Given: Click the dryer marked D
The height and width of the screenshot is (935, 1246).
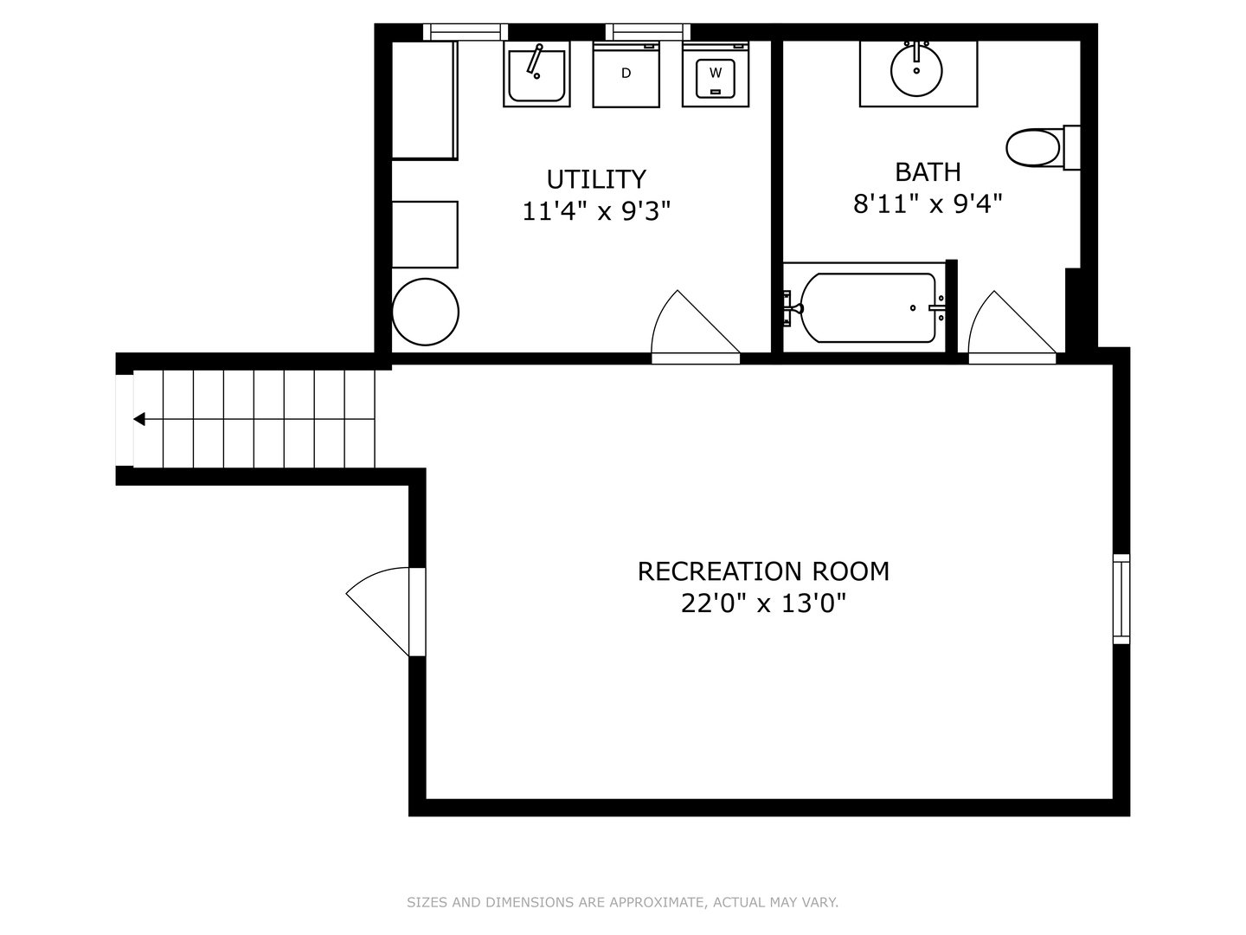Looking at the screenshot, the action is (x=626, y=74).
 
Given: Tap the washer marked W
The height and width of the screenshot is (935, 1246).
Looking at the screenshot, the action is (x=716, y=74).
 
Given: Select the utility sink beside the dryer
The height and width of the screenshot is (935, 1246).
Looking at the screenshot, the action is (x=536, y=74).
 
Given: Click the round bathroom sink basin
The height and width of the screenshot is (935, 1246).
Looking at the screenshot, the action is (x=916, y=71).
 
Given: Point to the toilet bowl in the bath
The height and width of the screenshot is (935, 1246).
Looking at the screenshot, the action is (x=1033, y=148).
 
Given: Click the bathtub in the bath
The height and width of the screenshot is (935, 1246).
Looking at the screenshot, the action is (x=867, y=307).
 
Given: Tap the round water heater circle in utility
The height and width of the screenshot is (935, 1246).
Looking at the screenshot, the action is (x=425, y=312).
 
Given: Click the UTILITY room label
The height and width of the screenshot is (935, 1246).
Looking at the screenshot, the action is (x=596, y=179).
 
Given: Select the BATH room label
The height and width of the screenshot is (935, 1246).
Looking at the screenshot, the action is (x=928, y=172).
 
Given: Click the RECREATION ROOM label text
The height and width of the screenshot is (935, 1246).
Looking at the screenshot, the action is (x=763, y=571).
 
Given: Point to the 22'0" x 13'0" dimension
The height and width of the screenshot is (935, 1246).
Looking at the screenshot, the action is (x=763, y=603).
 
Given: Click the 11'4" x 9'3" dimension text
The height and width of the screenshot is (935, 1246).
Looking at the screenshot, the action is (x=596, y=211).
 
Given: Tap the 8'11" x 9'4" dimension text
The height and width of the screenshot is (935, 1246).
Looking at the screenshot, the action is (x=928, y=203).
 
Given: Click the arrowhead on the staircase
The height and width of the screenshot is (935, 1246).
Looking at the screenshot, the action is (x=139, y=419).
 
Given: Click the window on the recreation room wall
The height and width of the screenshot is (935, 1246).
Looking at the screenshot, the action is (x=1121, y=599).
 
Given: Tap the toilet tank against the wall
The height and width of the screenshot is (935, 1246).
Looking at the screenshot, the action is (x=1071, y=147).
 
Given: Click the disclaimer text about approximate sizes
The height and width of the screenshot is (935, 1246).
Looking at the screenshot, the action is (x=622, y=902).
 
